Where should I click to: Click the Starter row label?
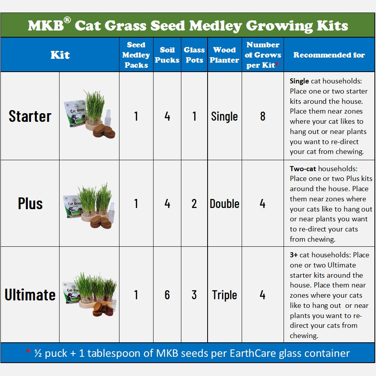(30, 116)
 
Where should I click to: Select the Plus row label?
(30, 204)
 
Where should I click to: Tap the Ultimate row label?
(30, 295)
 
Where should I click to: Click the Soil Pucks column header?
(167, 55)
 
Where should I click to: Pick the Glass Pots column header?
(194, 55)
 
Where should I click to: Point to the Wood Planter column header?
(224, 55)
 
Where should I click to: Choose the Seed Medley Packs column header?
(136, 55)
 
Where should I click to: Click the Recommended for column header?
(329, 55)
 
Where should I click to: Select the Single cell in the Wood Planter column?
(224, 117)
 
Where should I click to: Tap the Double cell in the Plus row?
(224, 204)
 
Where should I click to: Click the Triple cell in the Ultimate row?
(224, 295)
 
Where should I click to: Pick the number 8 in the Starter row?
(262, 116)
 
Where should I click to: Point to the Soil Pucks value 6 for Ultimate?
(167, 295)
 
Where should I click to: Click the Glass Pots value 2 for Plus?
(194, 204)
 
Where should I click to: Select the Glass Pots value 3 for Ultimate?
(194, 295)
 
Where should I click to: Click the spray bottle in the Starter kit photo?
(108, 118)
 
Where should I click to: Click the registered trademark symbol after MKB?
(67, 20)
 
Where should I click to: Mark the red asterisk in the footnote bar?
(28, 351)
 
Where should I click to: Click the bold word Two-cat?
(303, 169)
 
